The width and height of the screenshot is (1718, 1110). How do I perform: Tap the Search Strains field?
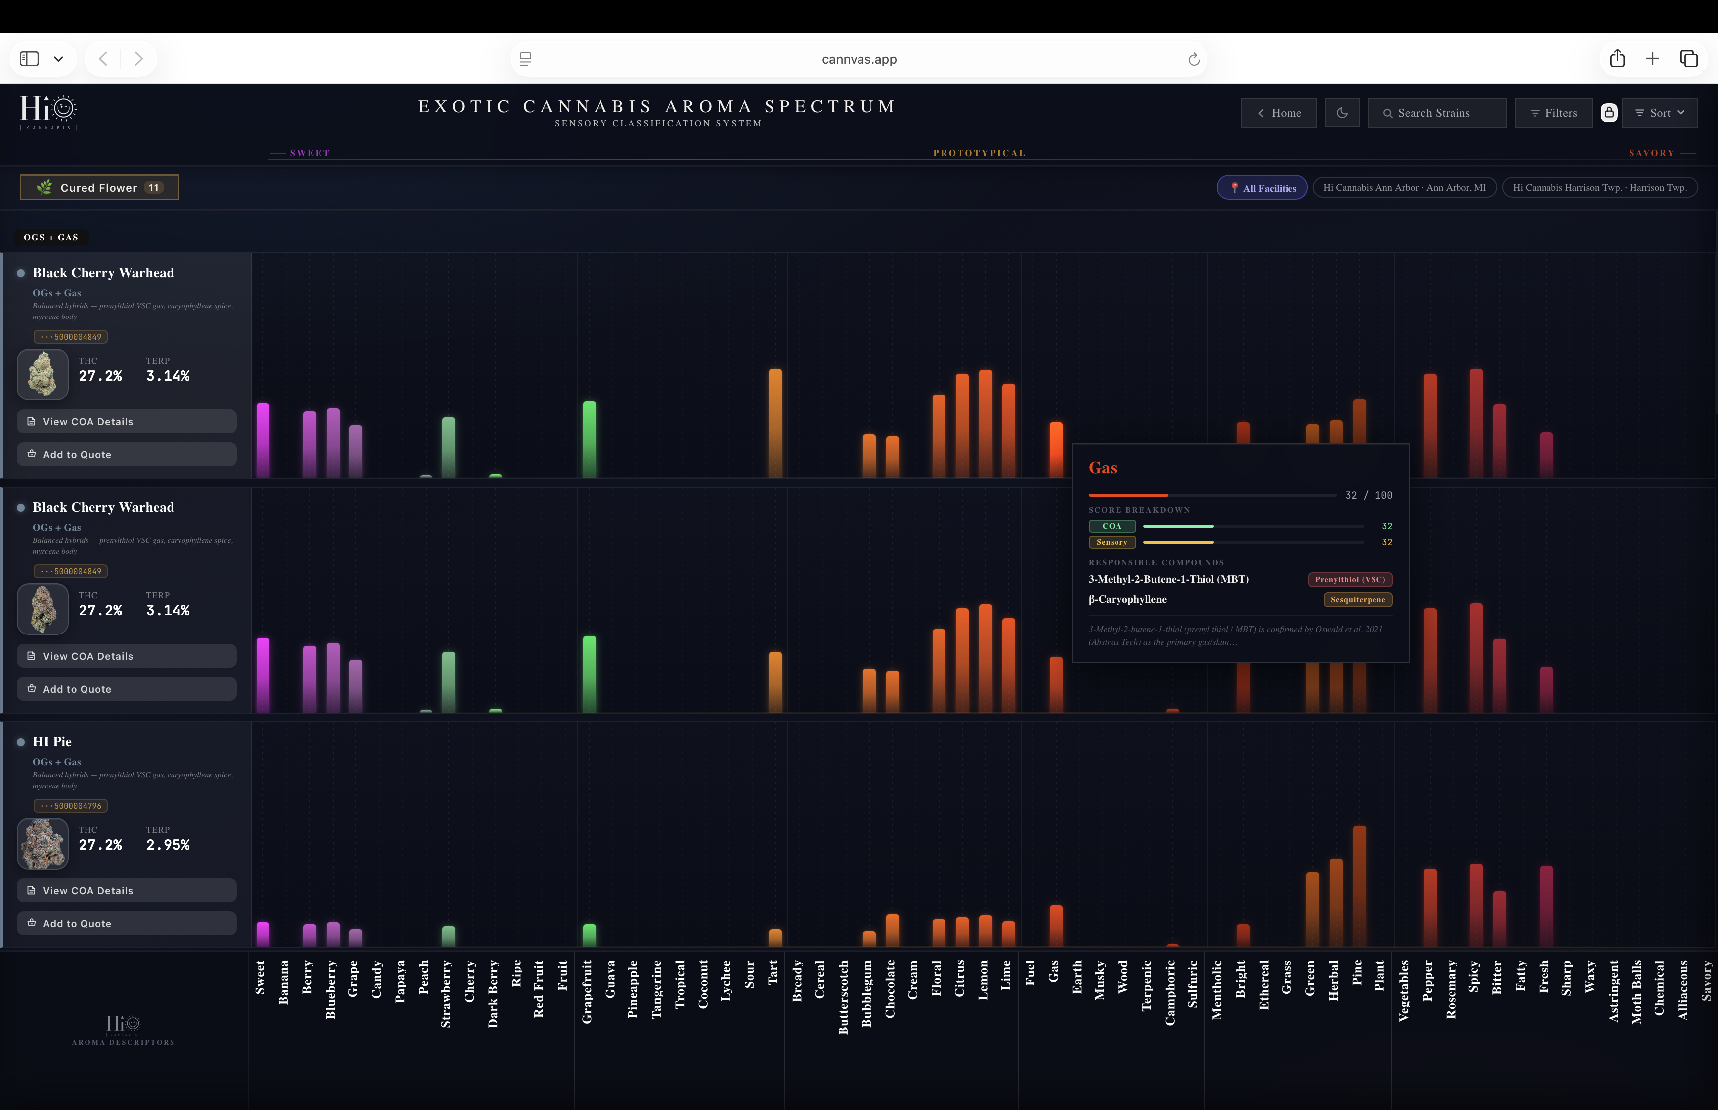[1436, 113]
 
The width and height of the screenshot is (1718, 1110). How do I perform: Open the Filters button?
[1553, 113]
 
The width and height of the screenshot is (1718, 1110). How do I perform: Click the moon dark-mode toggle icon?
[1342, 113]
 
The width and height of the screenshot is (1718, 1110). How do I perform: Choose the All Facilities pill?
[1262, 188]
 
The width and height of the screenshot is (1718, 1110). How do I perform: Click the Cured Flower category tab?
[99, 187]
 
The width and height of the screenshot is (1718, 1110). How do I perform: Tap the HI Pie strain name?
[52, 742]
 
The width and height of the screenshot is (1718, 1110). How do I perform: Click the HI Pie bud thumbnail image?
[43, 843]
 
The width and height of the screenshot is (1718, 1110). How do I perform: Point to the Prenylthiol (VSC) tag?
[1350, 579]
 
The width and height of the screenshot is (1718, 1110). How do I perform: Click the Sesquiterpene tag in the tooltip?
[1358, 600]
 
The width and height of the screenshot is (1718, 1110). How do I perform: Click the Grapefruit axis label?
[587, 991]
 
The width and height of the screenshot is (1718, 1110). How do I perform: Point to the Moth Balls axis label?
[1636, 992]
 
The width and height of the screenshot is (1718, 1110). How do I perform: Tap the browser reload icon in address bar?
[1193, 59]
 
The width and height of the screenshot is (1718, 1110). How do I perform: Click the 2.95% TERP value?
[168, 845]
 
